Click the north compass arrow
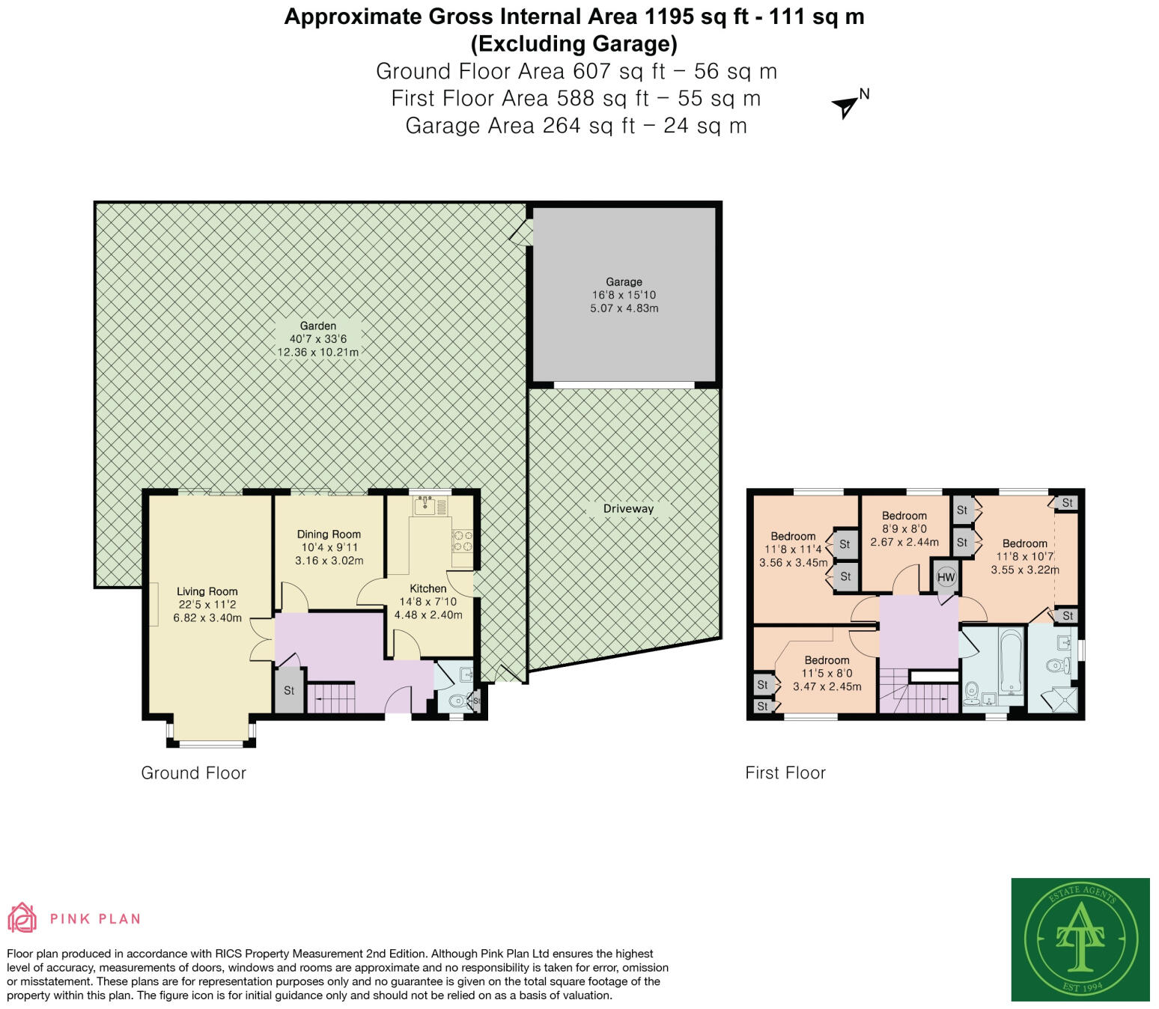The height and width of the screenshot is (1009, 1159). click(x=846, y=106)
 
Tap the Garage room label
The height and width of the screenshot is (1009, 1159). click(x=624, y=282)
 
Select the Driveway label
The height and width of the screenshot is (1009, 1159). click(x=628, y=509)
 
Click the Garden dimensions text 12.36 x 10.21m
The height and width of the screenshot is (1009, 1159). click(x=318, y=352)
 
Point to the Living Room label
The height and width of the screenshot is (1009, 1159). click(x=207, y=591)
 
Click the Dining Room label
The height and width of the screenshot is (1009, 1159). click(x=329, y=534)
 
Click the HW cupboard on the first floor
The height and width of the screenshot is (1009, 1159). click(x=946, y=577)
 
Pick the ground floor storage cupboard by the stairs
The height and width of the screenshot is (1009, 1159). click(x=289, y=690)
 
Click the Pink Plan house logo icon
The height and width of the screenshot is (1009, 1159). click(x=22, y=918)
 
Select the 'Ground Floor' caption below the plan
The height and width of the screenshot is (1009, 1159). click(x=193, y=773)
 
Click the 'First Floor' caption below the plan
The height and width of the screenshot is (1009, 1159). click(x=785, y=773)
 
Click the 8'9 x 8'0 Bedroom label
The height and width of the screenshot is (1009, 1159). click(x=904, y=516)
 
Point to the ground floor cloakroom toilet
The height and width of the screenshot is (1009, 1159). click(x=456, y=701)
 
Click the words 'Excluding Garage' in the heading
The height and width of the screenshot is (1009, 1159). click(x=574, y=44)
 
